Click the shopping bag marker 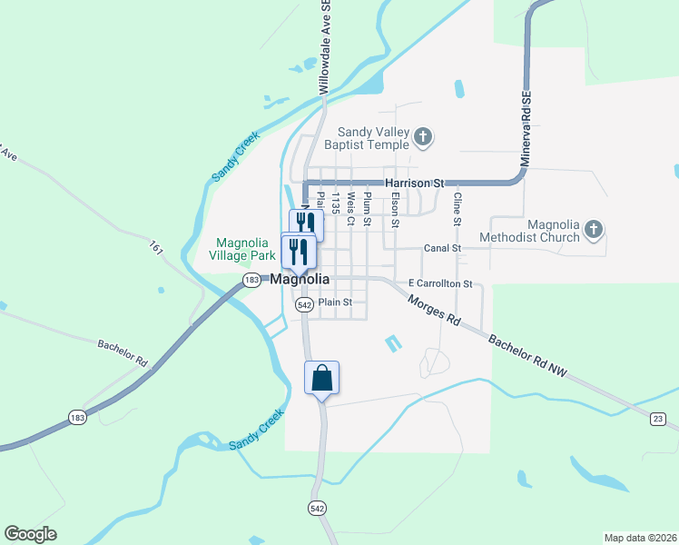click(x=321, y=377)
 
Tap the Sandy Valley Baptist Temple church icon click(x=422, y=137)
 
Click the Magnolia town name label click(x=300, y=280)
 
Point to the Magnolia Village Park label click(x=244, y=249)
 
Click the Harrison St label click(x=414, y=183)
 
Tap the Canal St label click(x=443, y=248)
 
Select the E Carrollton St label click(x=440, y=283)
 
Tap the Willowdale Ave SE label click(x=323, y=46)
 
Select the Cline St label click(x=458, y=209)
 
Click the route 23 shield click(x=657, y=418)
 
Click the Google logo click(x=30, y=534)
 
